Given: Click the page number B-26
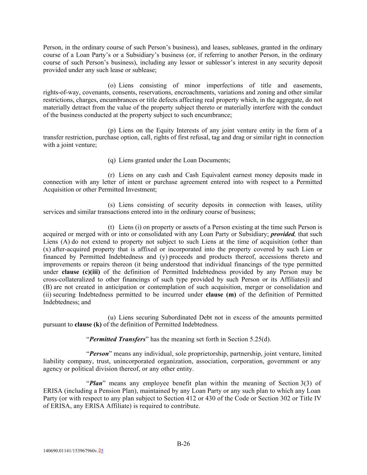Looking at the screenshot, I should (x=183, y=443).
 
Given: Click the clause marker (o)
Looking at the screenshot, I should (x=112, y=85).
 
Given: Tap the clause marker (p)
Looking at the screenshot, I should (x=112, y=130).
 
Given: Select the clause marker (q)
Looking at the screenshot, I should (x=112, y=160).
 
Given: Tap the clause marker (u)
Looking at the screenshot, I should (x=112, y=317).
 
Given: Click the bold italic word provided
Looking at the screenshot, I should (x=283, y=234).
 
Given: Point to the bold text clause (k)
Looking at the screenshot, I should (x=88, y=325).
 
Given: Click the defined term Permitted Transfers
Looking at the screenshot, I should (x=117, y=339).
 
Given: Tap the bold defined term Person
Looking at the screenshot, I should (x=99, y=354).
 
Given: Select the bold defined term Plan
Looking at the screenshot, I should (x=96, y=383).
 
